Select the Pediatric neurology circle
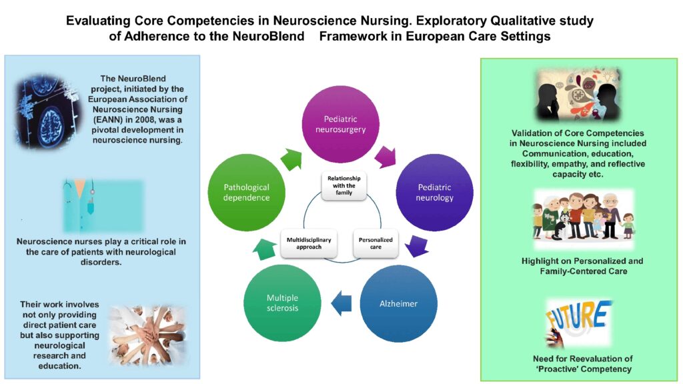435,193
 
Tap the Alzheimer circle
398,303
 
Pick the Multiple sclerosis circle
283,303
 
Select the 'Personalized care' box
376,243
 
